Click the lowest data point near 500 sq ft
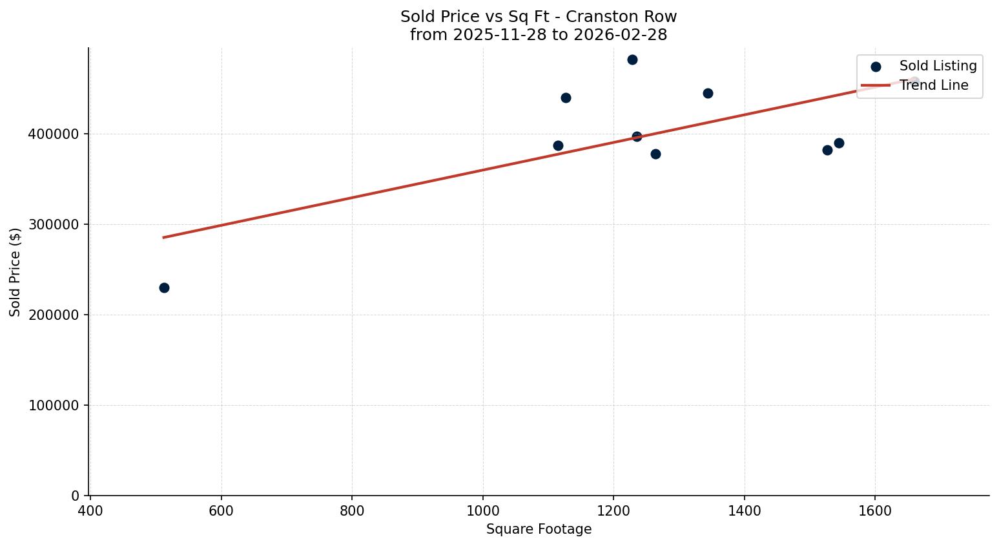(164, 288)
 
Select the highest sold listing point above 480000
(632, 59)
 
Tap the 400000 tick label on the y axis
(54, 134)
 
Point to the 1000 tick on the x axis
(482, 510)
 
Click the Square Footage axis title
(539, 529)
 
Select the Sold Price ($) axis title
(15, 272)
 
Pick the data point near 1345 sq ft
(708, 93)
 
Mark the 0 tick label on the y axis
(75, 496)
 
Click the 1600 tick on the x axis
(875, 510)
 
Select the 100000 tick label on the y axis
(54, 406)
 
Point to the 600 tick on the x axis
(221, 510)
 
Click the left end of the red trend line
(163, 237)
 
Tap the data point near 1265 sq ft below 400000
(655, 154)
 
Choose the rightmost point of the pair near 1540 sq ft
(839, 143)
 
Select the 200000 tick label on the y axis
(54, 315)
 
